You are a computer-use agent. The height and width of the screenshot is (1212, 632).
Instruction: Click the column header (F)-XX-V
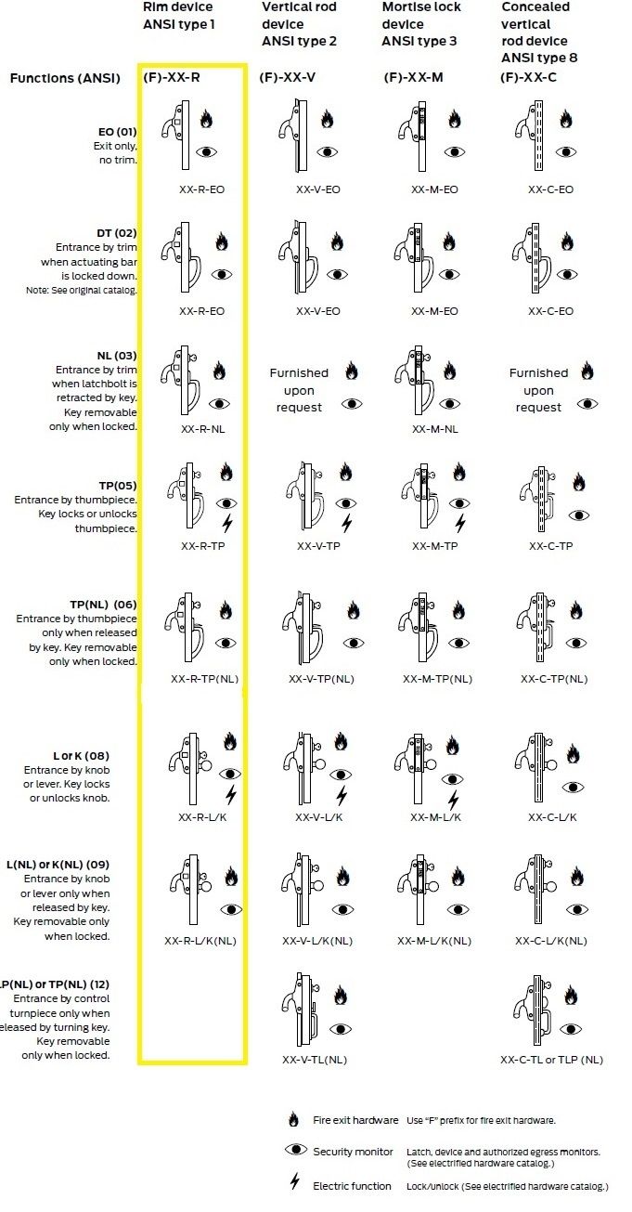288,77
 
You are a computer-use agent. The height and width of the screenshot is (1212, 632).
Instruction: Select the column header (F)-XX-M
413,77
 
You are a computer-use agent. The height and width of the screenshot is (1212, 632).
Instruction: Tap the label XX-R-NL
202,429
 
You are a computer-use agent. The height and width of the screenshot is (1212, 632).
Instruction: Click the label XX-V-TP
318,546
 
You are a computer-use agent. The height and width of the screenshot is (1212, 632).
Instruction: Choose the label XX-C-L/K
553,817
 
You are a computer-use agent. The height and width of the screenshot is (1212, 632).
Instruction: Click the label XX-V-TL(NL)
320,1060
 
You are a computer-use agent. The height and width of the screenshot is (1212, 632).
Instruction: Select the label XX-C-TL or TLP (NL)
551,1060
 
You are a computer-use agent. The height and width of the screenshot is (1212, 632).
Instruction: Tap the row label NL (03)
117,356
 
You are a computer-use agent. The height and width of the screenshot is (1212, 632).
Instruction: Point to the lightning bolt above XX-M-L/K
454,800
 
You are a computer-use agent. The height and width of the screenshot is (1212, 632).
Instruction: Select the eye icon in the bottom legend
296,1150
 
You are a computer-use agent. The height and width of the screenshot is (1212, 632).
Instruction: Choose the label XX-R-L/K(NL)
200,941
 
